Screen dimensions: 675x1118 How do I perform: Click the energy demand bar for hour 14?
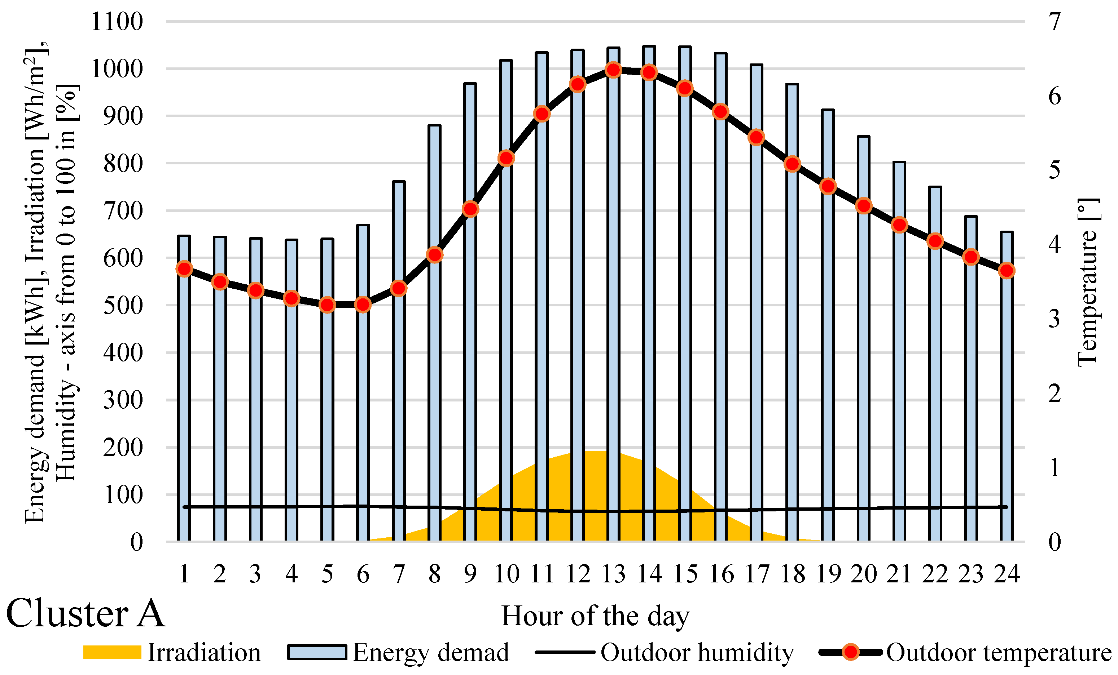tap(649, 317)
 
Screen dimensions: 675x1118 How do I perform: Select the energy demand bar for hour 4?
tap(291, 408)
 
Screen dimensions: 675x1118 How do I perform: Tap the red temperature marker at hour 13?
tap(613, 70)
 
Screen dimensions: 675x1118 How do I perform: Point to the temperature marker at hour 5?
tap(327, 305)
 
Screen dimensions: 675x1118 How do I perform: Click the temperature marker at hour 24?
tap(1007, 271)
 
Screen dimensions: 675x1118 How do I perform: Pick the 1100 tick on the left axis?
tap(117, 22)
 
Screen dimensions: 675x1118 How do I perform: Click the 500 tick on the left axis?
tap(123, 306)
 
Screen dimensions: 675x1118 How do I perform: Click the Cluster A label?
tap(85, 613)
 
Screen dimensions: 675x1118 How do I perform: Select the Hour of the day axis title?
tap(595, 616)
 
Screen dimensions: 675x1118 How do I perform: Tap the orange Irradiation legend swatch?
tap(112, 652)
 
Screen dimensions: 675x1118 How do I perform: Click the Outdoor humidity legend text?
tap(697, 653)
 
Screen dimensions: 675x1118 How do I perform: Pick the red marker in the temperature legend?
tap(851, 652)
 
